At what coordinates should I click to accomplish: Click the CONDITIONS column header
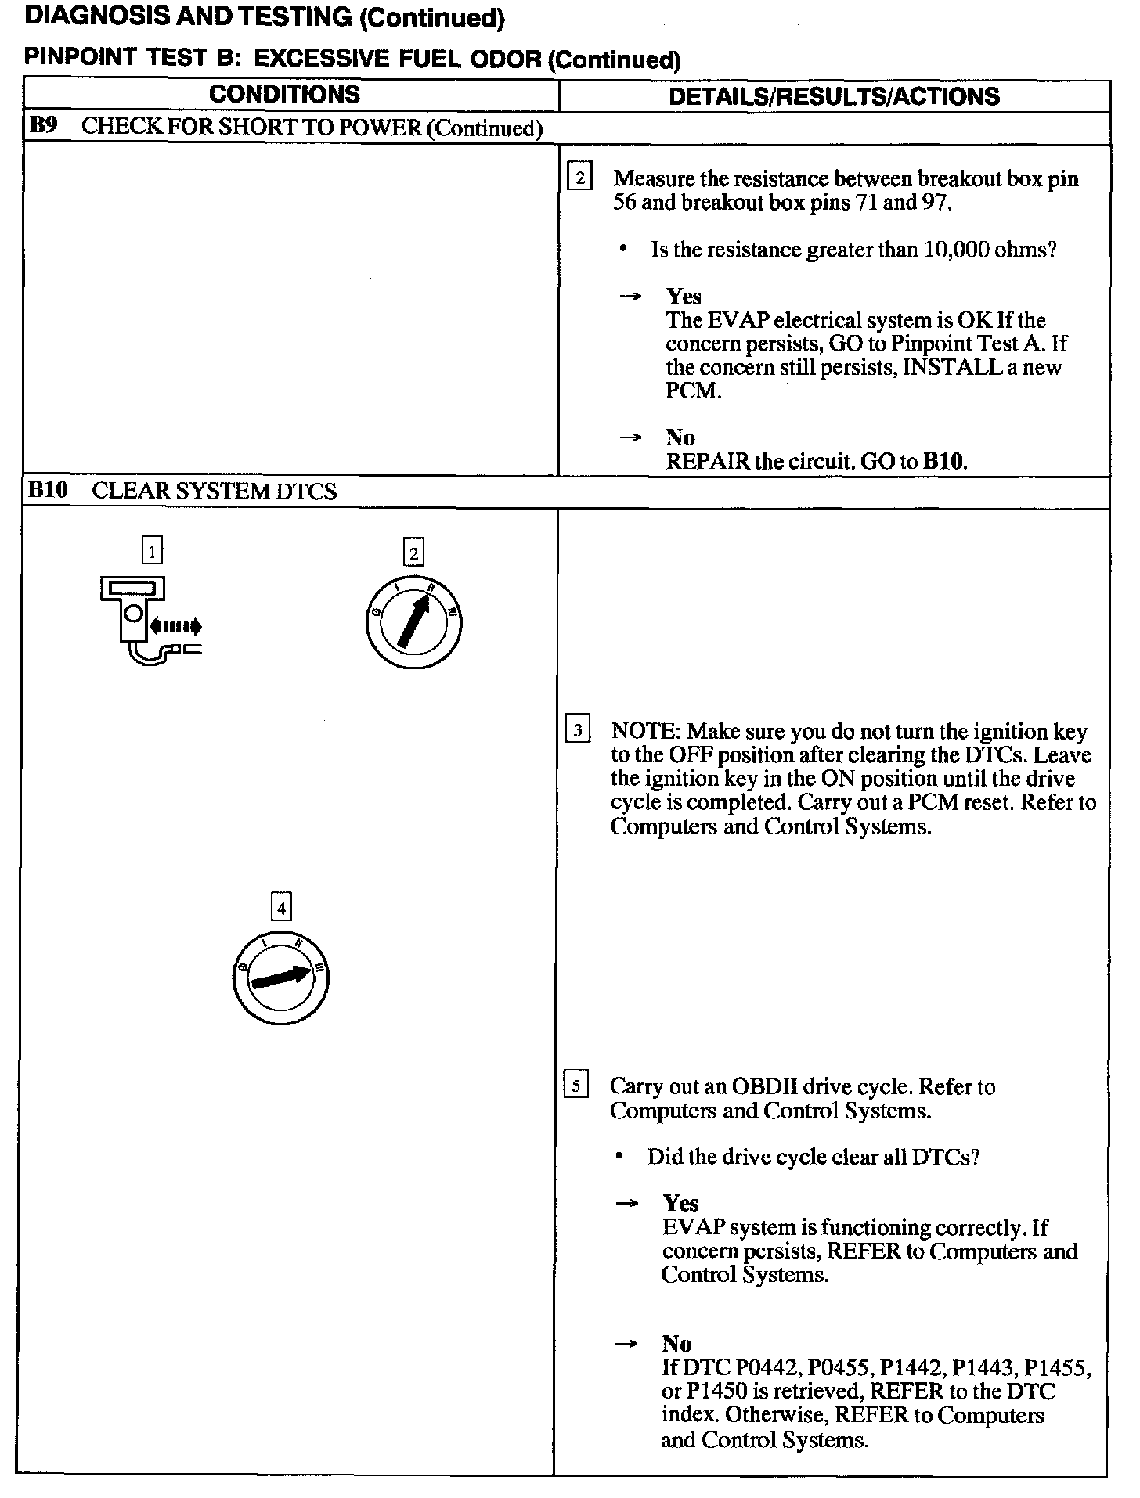tap(284, 95)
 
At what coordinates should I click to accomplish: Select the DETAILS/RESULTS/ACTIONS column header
tap(834, 96)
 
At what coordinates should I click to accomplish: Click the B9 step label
tap(43, 127)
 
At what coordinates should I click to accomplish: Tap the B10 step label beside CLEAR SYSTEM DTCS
tap(48, 490)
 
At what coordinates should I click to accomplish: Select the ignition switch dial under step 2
tap(413, 623)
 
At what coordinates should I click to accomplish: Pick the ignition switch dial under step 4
tap(280, 978)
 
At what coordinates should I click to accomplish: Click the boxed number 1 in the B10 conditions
tap(152, 552)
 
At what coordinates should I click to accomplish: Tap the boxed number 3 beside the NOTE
tap(577, 731)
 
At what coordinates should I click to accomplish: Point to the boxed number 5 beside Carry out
tap(575, 1086)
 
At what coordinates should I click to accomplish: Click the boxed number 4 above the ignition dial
tap(280, 908)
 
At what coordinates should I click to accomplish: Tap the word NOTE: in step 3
tap(645, 731)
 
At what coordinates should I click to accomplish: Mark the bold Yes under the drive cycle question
tap(680, 1203)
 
